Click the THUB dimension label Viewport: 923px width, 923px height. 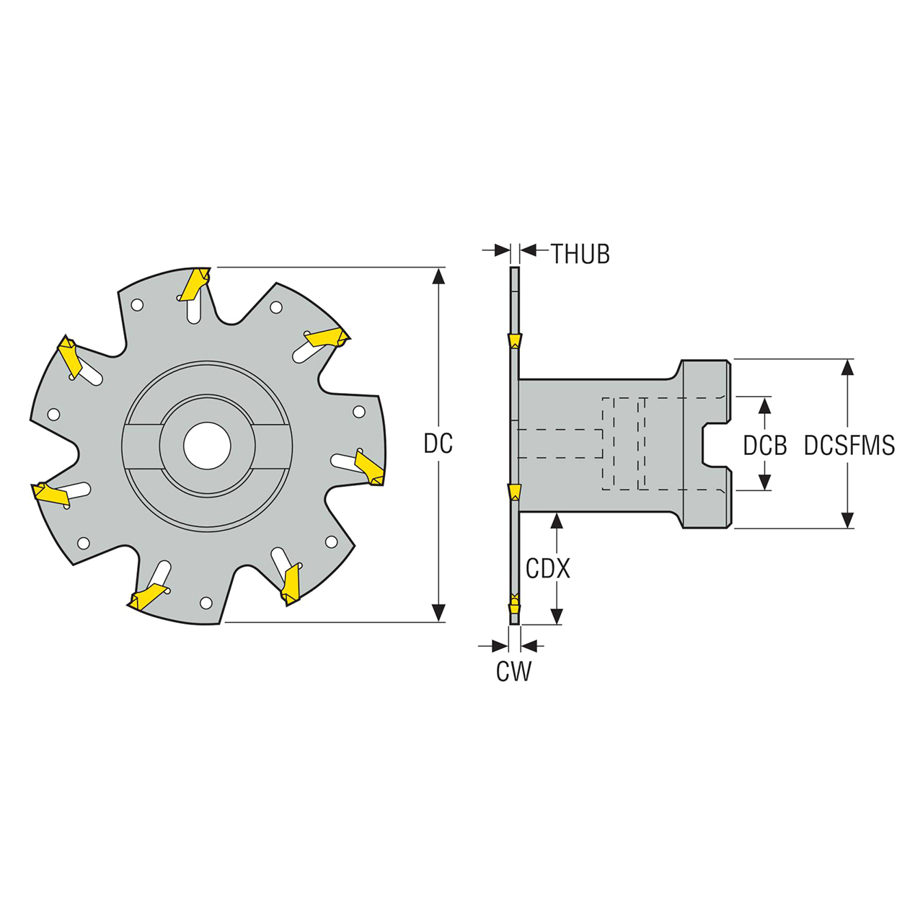[580, 254]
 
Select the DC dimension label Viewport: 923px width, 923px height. [438, 444]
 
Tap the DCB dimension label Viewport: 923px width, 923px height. [765, 446]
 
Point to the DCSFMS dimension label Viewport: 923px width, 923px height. [849, 446]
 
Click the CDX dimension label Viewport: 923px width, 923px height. [547, 569]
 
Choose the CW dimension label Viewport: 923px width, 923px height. [513, 671]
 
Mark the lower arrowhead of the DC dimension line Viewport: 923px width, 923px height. [438, 613]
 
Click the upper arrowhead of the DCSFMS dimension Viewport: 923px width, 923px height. [848, 367]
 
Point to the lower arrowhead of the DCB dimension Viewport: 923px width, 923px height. [765, 482]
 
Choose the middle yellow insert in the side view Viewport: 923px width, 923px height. [514, 492]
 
